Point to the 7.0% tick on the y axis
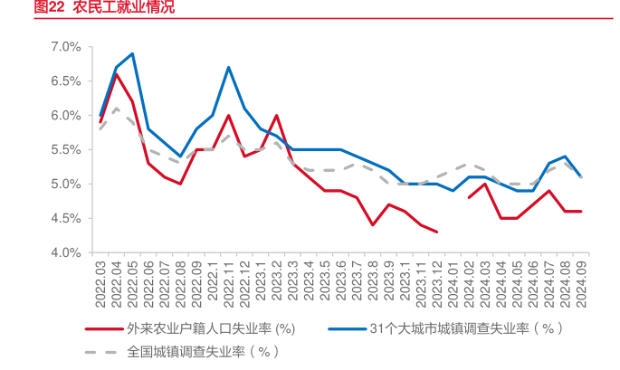(x=67, y=46)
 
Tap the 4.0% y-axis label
(x=67, y=252)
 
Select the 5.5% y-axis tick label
(x=67, y=149)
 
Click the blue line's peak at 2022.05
(x=132, y=53)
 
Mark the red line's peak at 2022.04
(x=116, y=74)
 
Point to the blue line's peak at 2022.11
(x=228, y=67)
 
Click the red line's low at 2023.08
(x=373, y=224)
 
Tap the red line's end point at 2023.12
(x=437, y=232)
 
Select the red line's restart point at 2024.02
(x=469, y=197)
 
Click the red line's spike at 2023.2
(x=276, y=115)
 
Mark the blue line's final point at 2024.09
(x=580, y=176)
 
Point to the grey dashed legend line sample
(x=102, y=350)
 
